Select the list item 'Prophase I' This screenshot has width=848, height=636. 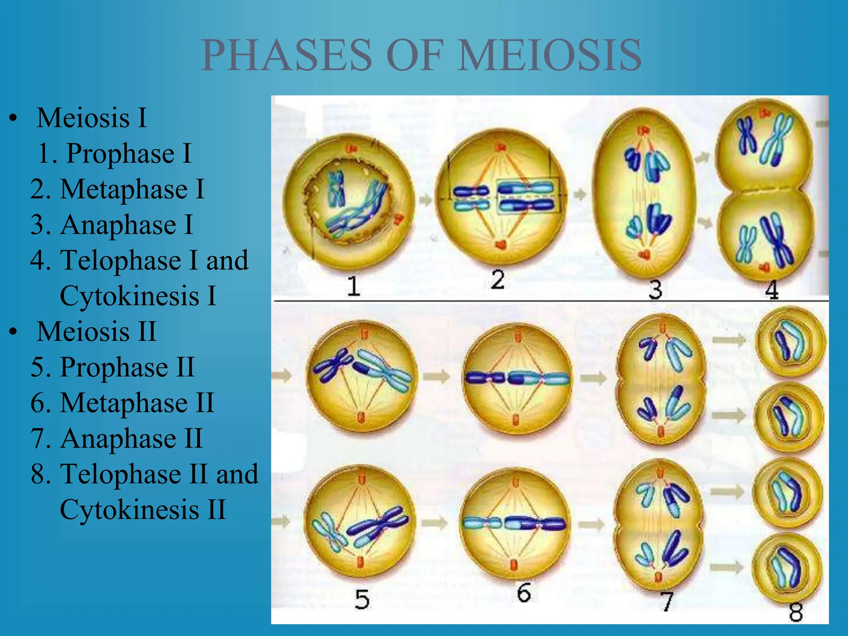128,154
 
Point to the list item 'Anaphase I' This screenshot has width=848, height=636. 126,225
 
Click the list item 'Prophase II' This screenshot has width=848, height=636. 127,367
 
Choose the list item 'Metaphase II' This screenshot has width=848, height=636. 137,403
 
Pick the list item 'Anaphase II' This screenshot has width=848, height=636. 131,438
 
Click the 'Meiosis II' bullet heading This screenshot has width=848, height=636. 96,332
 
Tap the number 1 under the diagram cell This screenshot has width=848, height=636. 353,286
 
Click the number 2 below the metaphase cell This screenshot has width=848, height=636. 498,280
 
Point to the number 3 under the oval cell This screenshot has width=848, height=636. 655,289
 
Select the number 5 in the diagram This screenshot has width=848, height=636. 362,599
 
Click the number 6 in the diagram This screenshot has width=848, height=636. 524,593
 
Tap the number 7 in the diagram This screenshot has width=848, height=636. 666,602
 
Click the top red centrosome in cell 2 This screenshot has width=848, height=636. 501,147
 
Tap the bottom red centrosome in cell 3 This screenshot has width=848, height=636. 644,254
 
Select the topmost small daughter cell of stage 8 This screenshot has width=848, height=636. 790,342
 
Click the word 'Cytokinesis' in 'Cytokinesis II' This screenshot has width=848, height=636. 130,510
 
